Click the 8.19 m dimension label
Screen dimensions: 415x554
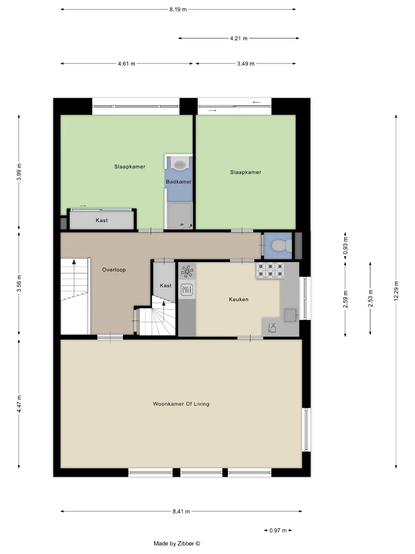(x=178, y=10)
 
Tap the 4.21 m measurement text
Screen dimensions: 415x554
(x=239, y=38)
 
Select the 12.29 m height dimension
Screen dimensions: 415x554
(x=396, y=291)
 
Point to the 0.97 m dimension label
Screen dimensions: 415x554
(x=278, y=530)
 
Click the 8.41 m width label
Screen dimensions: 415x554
(x=181, y=511)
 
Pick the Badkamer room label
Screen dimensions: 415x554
(x=179, y=182)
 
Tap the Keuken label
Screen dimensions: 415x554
(x=239, y=299)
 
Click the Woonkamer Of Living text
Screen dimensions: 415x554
(x=181, y=404)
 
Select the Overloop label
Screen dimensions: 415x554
(x=114, y=270)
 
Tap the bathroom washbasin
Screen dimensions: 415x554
(x=180, y=164)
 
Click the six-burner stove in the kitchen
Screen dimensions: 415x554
(x=270, y=270)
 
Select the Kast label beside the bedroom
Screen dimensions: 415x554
(x=101, y=220)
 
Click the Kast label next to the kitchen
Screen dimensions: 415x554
(x=165, y=286)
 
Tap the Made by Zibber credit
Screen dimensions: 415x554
(x=177, y=544)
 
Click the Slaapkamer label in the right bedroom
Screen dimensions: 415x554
(x=245, y=172)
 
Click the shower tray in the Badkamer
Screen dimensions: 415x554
(x=180, y=215)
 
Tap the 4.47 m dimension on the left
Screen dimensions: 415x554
(x=19, y=404)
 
